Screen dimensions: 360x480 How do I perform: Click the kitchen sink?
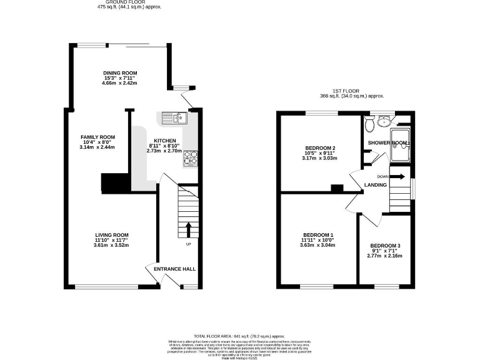[x=174, y=117]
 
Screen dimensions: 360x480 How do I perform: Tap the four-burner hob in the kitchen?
[x=190, y=159]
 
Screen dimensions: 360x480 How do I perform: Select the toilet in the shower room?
[x=369, y=125]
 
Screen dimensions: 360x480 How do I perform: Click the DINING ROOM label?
[x=120, y=73]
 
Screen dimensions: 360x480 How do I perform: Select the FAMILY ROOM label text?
[x=98, y=137]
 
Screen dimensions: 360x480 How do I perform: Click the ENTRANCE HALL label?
[x=174, y=269]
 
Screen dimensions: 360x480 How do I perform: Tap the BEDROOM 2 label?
[x=320, y=148]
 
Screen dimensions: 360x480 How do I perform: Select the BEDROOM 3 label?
[x=385, y=245]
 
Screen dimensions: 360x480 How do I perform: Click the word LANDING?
[x=376, y=185]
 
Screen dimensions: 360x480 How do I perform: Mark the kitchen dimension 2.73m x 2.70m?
[x=164, y=151]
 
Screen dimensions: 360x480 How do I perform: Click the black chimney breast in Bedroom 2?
[x=337, y=187]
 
